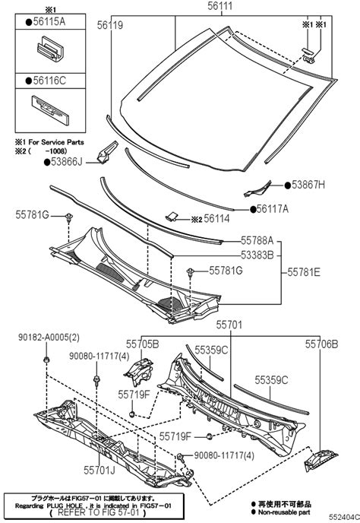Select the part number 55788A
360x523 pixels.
click(x=257, y=239)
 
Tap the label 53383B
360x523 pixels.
click(x=257, y=255)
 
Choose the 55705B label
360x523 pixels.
click(x=143, y=344)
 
